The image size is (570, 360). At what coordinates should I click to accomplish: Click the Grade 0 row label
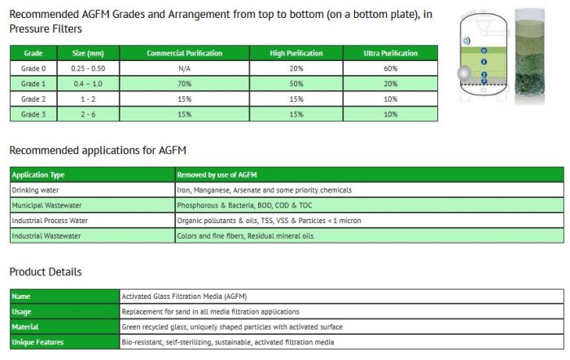coord(34,68)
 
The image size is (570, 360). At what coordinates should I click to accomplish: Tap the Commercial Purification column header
coord(184,53)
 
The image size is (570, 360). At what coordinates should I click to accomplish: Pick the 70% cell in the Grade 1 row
coord(184,84)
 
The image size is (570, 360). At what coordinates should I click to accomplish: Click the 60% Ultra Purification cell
coord(390,68)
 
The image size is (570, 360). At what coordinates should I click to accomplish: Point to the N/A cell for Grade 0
coord(184,68)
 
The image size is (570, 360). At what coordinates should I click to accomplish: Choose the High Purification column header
coord(296,53)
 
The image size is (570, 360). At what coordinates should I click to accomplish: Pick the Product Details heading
coord(46,271)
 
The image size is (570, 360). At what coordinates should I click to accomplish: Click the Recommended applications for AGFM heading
coord(97,150)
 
